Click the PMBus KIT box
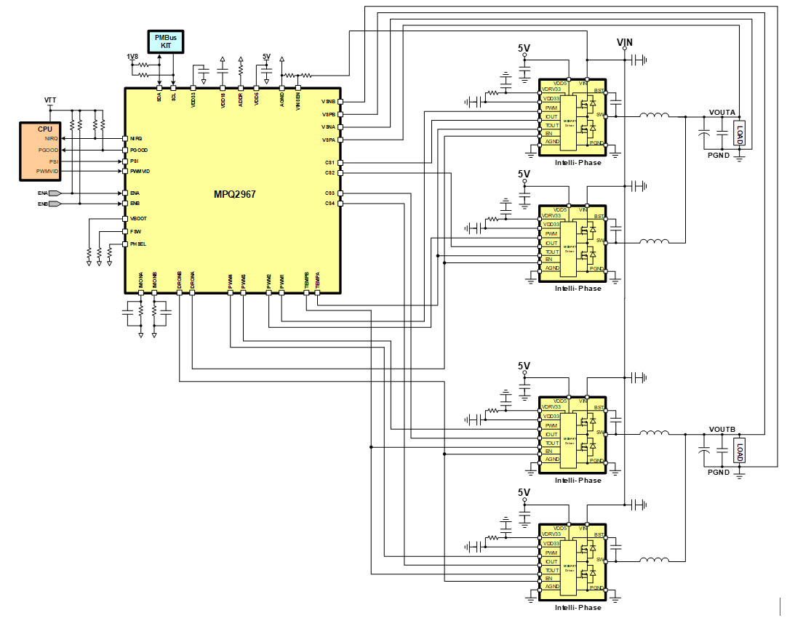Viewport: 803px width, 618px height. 166,41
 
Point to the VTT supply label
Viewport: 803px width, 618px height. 49,99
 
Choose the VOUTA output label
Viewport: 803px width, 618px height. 722,112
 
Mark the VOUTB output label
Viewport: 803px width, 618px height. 722,429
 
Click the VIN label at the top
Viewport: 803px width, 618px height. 625,42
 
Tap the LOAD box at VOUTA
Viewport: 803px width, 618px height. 740,134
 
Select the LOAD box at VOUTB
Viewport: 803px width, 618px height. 740,452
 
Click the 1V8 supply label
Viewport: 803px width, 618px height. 132,57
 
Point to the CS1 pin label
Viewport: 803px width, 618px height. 330,162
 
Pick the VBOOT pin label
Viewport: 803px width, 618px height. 138,218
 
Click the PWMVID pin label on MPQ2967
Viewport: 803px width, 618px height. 140,171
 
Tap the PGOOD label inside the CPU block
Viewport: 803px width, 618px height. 48,150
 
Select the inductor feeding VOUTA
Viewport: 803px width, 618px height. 654,116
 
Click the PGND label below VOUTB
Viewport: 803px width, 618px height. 719,473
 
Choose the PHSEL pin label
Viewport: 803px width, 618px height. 138,244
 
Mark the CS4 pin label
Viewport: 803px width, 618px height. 330,204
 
